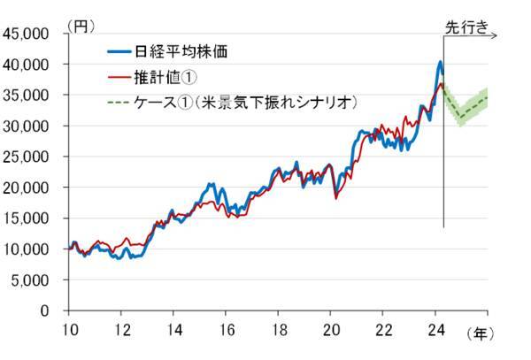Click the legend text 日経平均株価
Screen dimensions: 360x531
(179, 51)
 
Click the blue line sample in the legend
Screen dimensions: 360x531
(116, 51)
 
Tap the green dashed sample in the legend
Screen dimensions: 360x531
(116, 102)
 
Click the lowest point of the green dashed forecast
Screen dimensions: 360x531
(460, 118)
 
